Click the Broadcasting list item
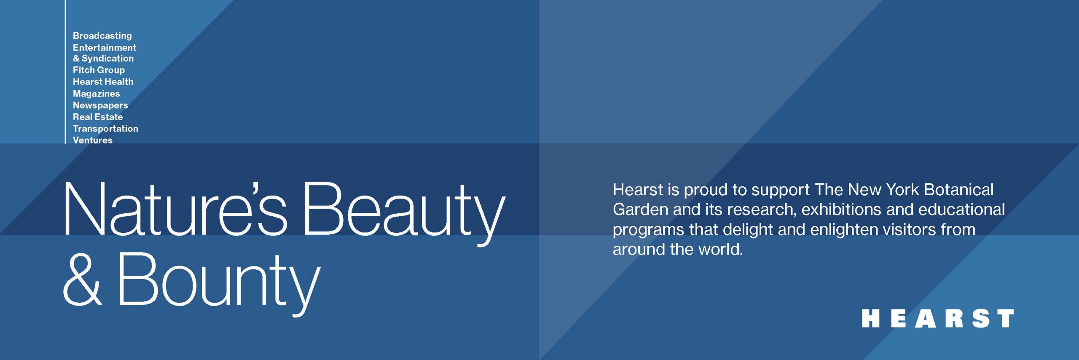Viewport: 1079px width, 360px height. point(102,36)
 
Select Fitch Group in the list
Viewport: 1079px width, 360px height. point(99,70)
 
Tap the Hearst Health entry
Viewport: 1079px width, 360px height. point(103,82)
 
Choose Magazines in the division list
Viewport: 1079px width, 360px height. point(96,94)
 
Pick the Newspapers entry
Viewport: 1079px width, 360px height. point(100,106)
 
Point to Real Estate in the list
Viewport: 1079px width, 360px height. point(98,117)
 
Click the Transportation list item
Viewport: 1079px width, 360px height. point(105,129)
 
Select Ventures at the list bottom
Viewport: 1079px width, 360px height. point(92,140)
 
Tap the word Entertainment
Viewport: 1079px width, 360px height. point(105,48)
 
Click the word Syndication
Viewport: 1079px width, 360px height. point(107,59)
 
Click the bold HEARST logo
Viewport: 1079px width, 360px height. point(937,318)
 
